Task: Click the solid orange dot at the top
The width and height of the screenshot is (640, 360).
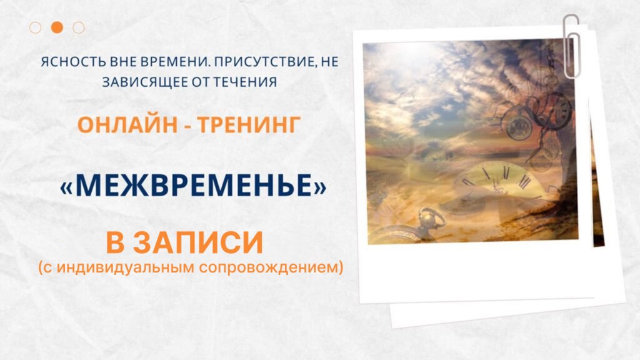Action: (57, 27)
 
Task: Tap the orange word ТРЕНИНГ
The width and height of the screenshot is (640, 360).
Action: (252, 124)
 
